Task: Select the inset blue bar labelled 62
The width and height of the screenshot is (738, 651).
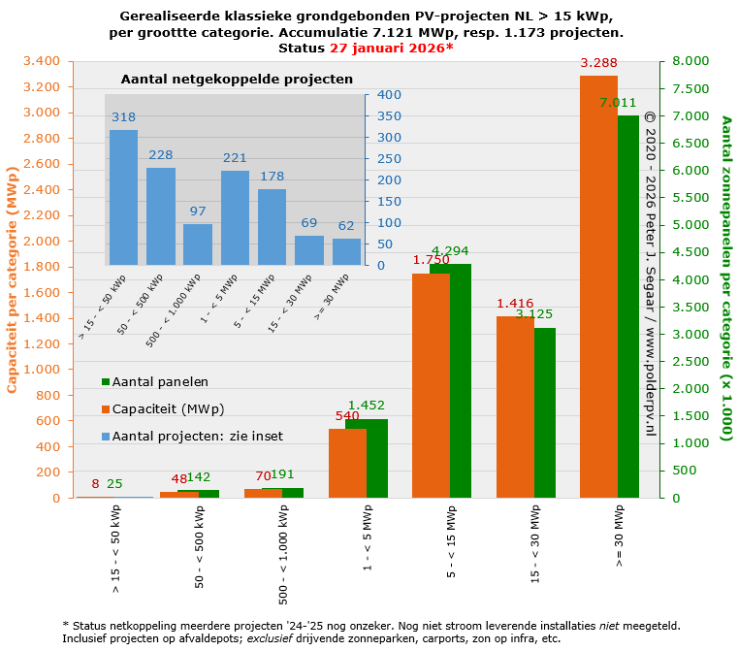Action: [346, 251]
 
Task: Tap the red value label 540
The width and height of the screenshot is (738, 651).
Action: [347, 416]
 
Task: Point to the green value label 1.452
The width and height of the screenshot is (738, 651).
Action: [368, 405]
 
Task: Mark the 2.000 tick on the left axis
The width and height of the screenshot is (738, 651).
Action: [42, 241]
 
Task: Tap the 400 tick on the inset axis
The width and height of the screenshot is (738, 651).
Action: [389, 94]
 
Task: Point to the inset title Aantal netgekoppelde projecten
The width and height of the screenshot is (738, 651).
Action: [237, 78]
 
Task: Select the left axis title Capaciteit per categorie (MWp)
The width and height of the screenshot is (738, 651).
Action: [13, 279]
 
